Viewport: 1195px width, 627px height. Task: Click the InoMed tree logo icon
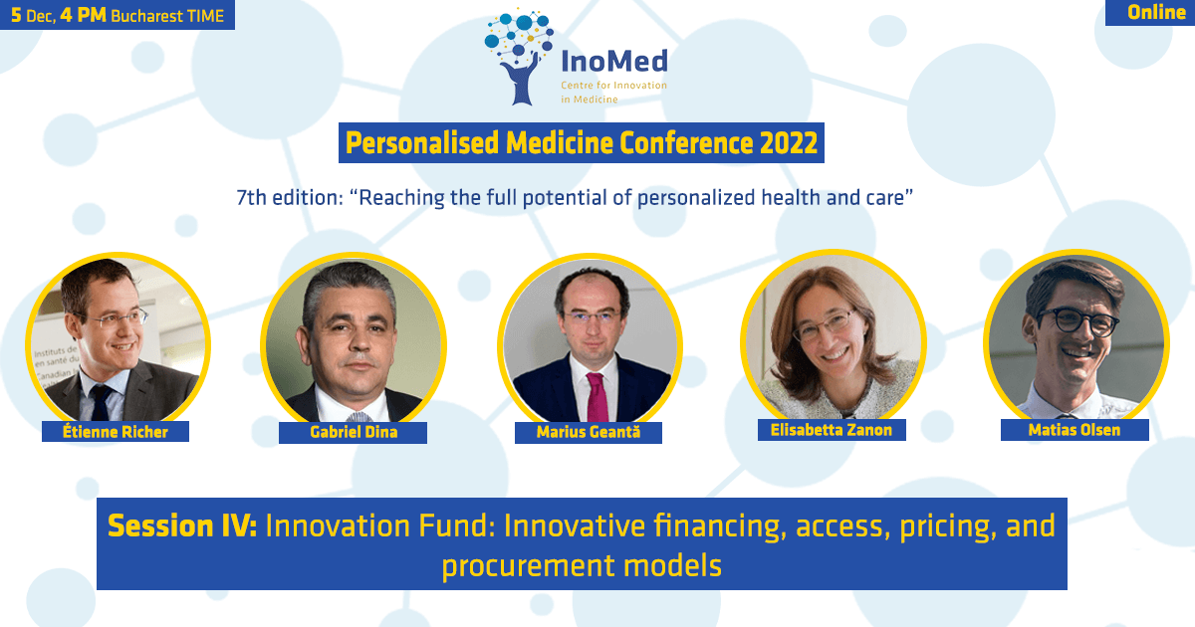[x=519, y=57]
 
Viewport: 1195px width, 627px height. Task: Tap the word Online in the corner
[x=1156, y=12]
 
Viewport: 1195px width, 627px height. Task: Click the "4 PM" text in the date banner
[x=84, y=15]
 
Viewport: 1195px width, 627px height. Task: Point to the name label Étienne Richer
[x=116, y=431]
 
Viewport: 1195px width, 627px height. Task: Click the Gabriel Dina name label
[x=354, y=432]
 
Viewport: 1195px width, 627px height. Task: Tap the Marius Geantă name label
[x=589, y=432]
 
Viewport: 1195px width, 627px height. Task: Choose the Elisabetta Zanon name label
[x=832, y=430]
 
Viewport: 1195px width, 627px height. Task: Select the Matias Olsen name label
[x=1075, y=430]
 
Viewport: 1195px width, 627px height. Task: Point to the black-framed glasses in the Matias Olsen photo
[x=1077, y=320]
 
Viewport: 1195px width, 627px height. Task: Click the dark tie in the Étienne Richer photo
[x=101, y=402]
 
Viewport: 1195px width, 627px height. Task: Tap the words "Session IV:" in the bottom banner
[x=182, y=525]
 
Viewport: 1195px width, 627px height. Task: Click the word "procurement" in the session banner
[x=528, y=566]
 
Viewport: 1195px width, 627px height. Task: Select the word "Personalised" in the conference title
[x=422, y=143]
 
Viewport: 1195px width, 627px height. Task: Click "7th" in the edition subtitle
[x=251, y=198]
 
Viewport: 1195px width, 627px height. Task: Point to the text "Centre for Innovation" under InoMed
[x=614, y=86]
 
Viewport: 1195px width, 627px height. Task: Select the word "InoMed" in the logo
[x=614, y=61]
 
